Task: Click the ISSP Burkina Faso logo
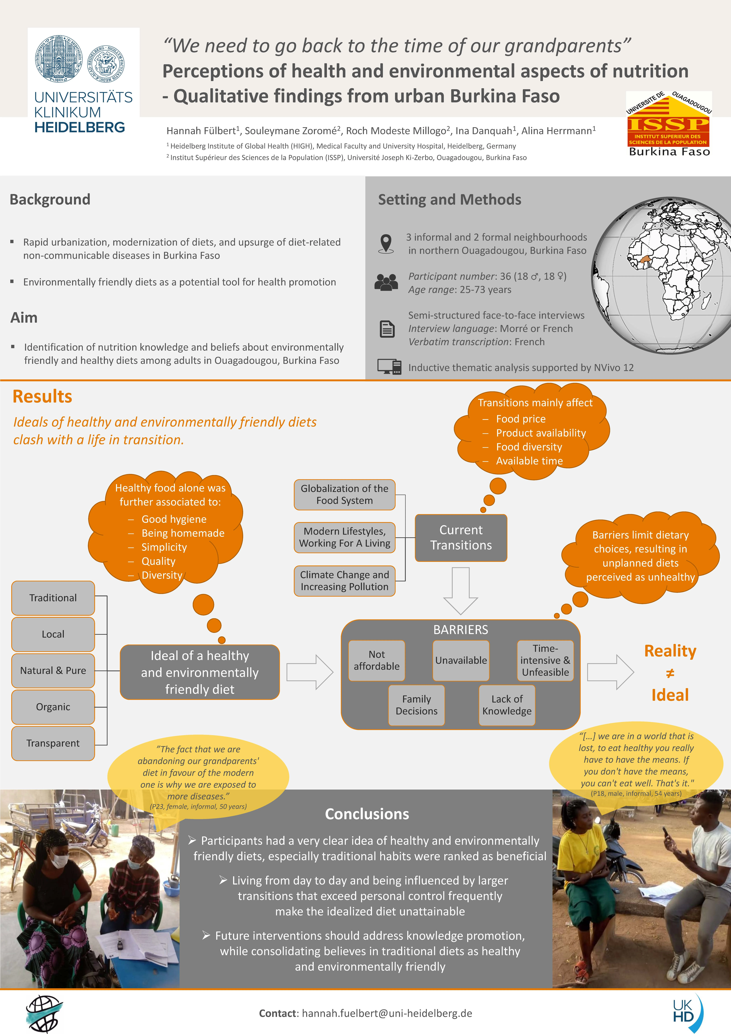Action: pos(669,124)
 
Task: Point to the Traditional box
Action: pos(53,598)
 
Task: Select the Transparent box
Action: pos(53,743)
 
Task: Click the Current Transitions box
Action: pos(461,538)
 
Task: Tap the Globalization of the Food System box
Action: pos(344,494)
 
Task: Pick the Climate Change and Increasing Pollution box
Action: pos(344,581)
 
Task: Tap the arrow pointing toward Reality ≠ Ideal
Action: pos(610,672)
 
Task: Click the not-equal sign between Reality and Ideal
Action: pos(670,673)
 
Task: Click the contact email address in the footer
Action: pos(387,1013)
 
